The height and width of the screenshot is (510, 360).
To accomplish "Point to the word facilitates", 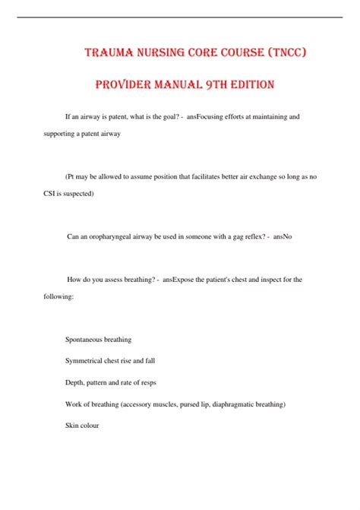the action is coord(199,176).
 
